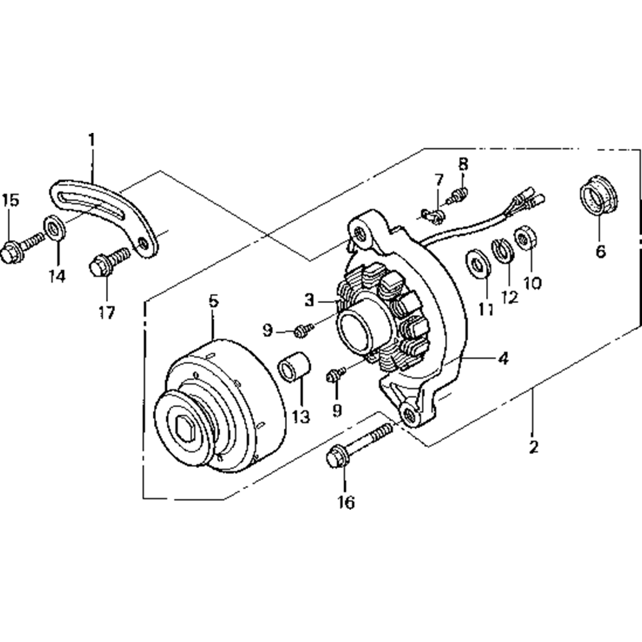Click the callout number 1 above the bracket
click(92, 139)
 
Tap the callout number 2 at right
click(533, 446)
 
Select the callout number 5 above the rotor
click(214, 300)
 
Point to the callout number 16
click(346, 502)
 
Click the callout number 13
click(300, 417)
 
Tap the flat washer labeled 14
click(53, 228)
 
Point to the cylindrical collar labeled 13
click(295, 370)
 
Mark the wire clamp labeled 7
click(431, 214)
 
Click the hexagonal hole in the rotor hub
click(189, 428)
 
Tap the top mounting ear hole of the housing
click(363, 236)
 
